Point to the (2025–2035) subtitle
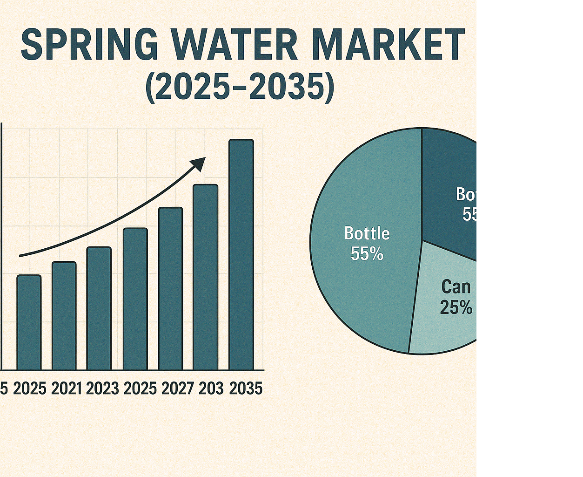(240, 87)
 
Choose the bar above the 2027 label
(170, 289)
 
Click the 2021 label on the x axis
(66, 388)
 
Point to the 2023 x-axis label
(102, 388)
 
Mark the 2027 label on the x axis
(177, 388)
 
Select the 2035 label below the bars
(246, 388)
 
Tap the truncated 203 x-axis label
(211, 388)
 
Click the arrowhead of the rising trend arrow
(199, 164)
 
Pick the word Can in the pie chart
(456, 287)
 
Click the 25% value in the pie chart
(456, 307)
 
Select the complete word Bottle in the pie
(367, 233)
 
